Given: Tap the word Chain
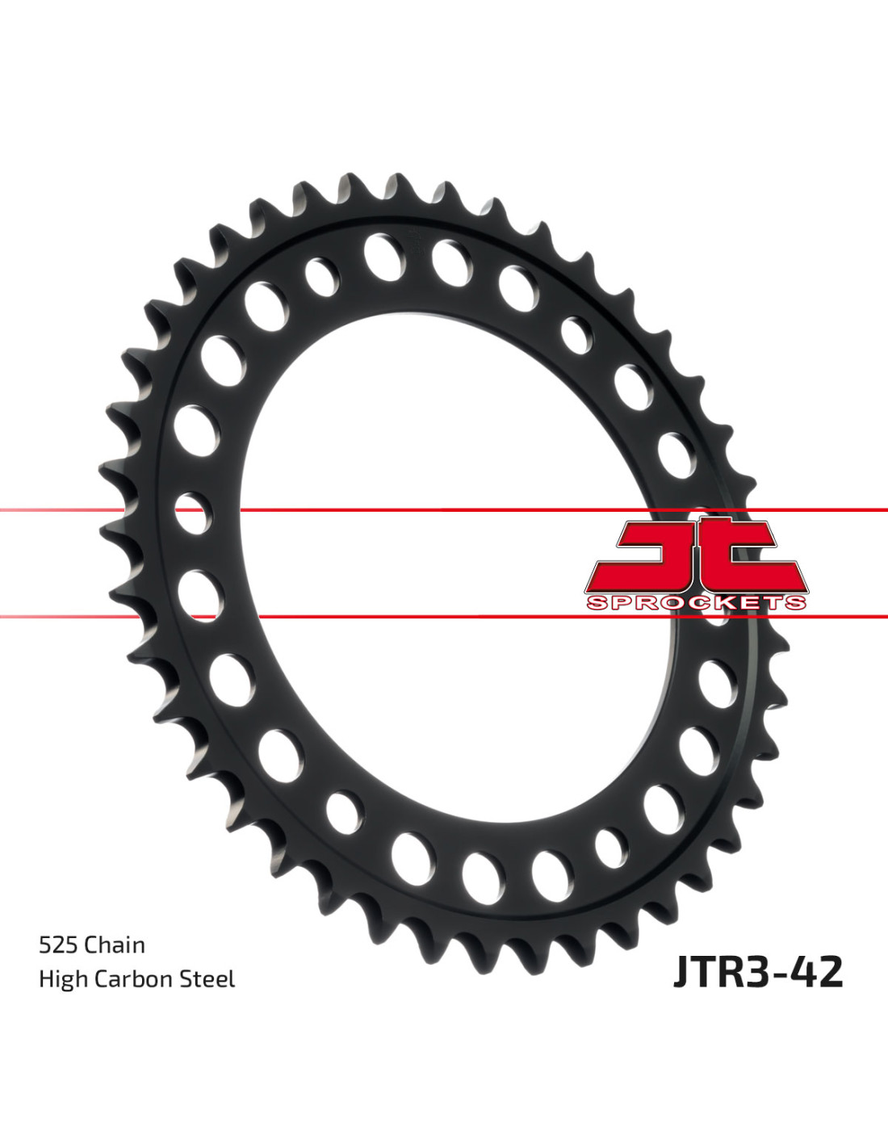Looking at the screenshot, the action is click(114, 945).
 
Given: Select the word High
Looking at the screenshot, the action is click(64, 979).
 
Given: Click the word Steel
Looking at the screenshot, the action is click(207, 978).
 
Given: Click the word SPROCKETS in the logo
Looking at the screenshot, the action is click(696, 603).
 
